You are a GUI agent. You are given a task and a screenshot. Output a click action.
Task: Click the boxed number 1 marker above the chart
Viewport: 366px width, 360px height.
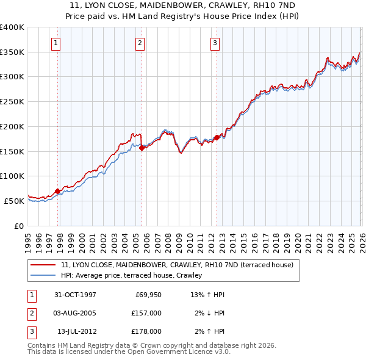[56, 43]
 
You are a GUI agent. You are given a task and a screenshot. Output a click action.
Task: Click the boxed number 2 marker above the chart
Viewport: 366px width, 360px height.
[140, 43]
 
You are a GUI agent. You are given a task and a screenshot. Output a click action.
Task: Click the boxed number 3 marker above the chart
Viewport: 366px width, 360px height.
[215, 43]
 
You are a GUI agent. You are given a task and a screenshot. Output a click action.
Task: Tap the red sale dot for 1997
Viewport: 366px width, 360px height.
[58, 191]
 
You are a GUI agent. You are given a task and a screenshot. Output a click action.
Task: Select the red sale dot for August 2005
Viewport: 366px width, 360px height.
[142, 148]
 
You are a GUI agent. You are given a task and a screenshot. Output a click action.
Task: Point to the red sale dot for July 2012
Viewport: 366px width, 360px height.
[217, 137]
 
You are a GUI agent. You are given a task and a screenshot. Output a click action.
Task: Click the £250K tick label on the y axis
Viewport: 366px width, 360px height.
[12, 102]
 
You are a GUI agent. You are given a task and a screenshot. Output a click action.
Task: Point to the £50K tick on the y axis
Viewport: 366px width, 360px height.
[14, 201]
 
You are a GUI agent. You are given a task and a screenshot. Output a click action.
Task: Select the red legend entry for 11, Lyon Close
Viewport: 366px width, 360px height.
[177, 265]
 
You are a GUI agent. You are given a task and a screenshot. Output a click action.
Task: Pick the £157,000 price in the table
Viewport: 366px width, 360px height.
[146, 313]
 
